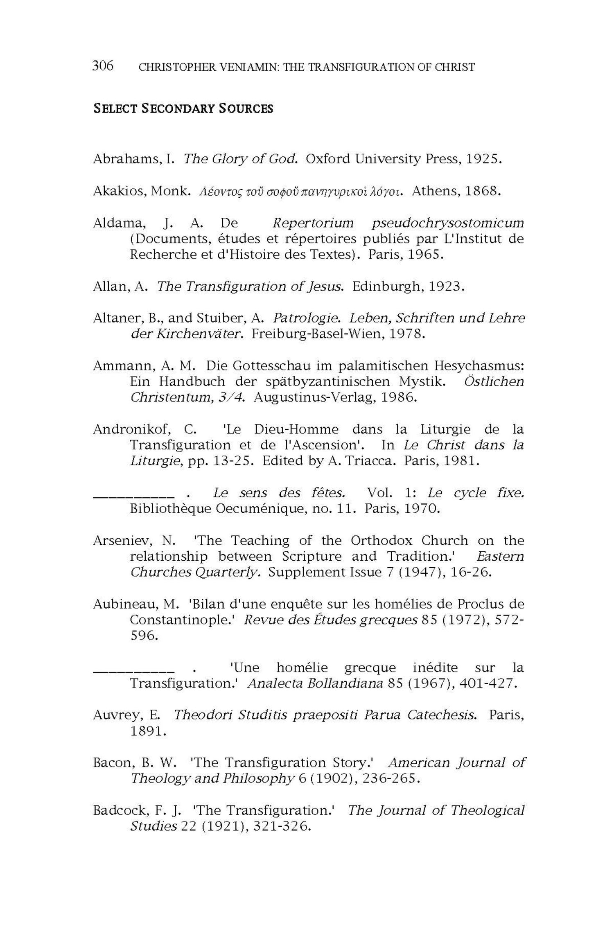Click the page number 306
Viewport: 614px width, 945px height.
[103, 65]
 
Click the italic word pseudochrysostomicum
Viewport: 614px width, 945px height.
[447, 223]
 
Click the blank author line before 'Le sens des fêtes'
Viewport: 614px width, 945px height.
[132, 496]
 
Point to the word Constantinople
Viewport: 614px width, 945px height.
[179, 620]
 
